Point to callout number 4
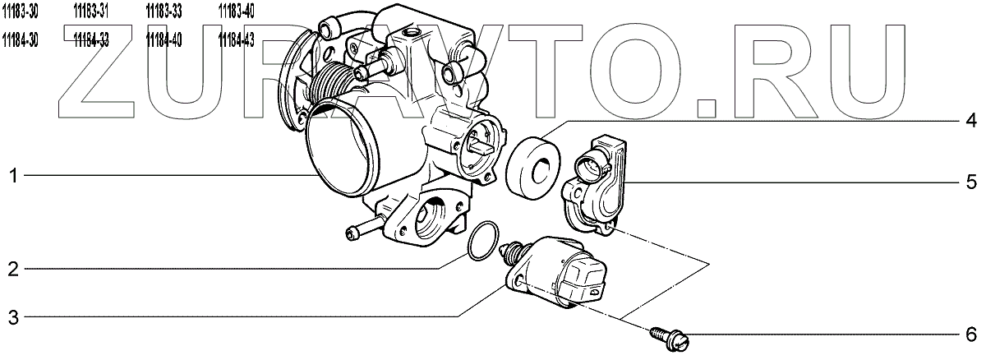[x=970, y=122]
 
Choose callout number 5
[x=970, y=180]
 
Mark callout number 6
[x=970, y=335]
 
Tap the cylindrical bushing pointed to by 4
[x=535, y=168]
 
